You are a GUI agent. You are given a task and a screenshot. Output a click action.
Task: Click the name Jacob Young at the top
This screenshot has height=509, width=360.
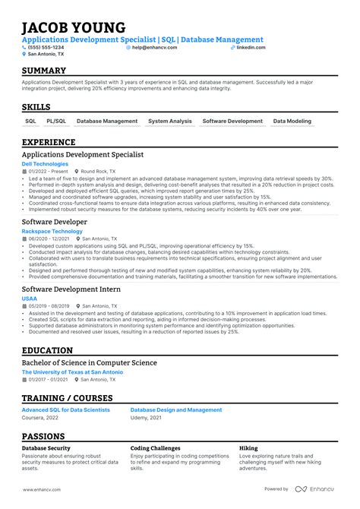73,27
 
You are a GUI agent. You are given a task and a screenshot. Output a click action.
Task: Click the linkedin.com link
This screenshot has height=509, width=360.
251,47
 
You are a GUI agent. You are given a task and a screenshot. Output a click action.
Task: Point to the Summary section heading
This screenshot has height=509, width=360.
44,71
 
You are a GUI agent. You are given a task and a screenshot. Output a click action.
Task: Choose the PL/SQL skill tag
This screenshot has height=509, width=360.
56,121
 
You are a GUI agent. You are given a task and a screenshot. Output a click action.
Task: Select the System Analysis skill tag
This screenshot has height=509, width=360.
170,121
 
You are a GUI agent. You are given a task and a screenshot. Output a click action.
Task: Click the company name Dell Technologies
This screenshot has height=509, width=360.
45,163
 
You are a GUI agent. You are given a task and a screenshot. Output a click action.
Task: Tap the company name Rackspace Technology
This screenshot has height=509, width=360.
52,231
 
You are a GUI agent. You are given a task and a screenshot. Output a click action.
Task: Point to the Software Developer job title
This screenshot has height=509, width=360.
55,221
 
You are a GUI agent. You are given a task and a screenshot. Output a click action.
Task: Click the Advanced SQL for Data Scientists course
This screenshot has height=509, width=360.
65,410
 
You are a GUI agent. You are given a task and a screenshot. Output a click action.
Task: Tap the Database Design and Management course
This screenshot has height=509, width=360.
176,410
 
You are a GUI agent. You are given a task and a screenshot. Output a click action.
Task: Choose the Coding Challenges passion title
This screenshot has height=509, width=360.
156,448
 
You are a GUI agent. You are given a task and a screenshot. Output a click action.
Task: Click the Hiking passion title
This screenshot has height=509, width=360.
248,448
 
